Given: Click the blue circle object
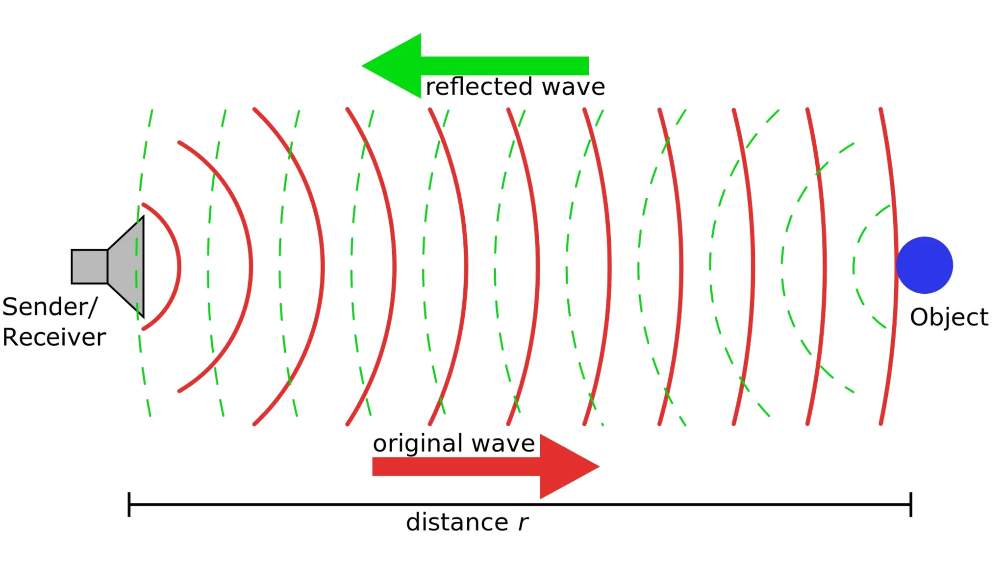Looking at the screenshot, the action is click(x=924, y=265).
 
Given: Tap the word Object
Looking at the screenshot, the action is click(x=949, y=317).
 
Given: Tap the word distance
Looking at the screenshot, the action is click(x=457, y=522).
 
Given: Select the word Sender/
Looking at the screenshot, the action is click(x=50, y=308).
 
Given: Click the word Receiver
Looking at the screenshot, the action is click(x=54, y=337).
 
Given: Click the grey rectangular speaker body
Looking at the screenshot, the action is click(x=89, y=267).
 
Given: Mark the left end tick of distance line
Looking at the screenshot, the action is click(x=129, y=504).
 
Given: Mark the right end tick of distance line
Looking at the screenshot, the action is click(x=911, y=504).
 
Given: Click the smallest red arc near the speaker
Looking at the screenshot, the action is click(x=179, y=267).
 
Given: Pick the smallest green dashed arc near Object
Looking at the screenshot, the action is click(x=854, y=267).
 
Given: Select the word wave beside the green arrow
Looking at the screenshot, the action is click(x=573, y=87).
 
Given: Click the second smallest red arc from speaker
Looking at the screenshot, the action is click(x=251, y=267).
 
